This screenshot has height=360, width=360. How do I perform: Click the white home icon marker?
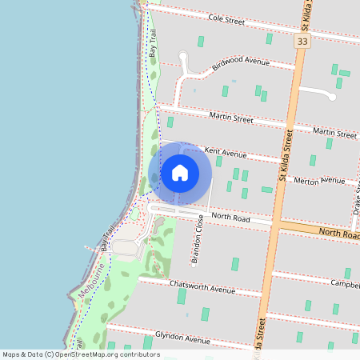(180, 172)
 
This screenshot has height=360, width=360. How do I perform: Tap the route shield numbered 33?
(302, 41)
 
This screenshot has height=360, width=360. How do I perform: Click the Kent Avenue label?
(226, 153)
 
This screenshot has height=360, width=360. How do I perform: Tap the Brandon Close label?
(198, 244)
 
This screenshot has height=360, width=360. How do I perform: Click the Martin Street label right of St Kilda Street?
(334, 132)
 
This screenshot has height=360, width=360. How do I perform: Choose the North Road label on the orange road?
(340, 234)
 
